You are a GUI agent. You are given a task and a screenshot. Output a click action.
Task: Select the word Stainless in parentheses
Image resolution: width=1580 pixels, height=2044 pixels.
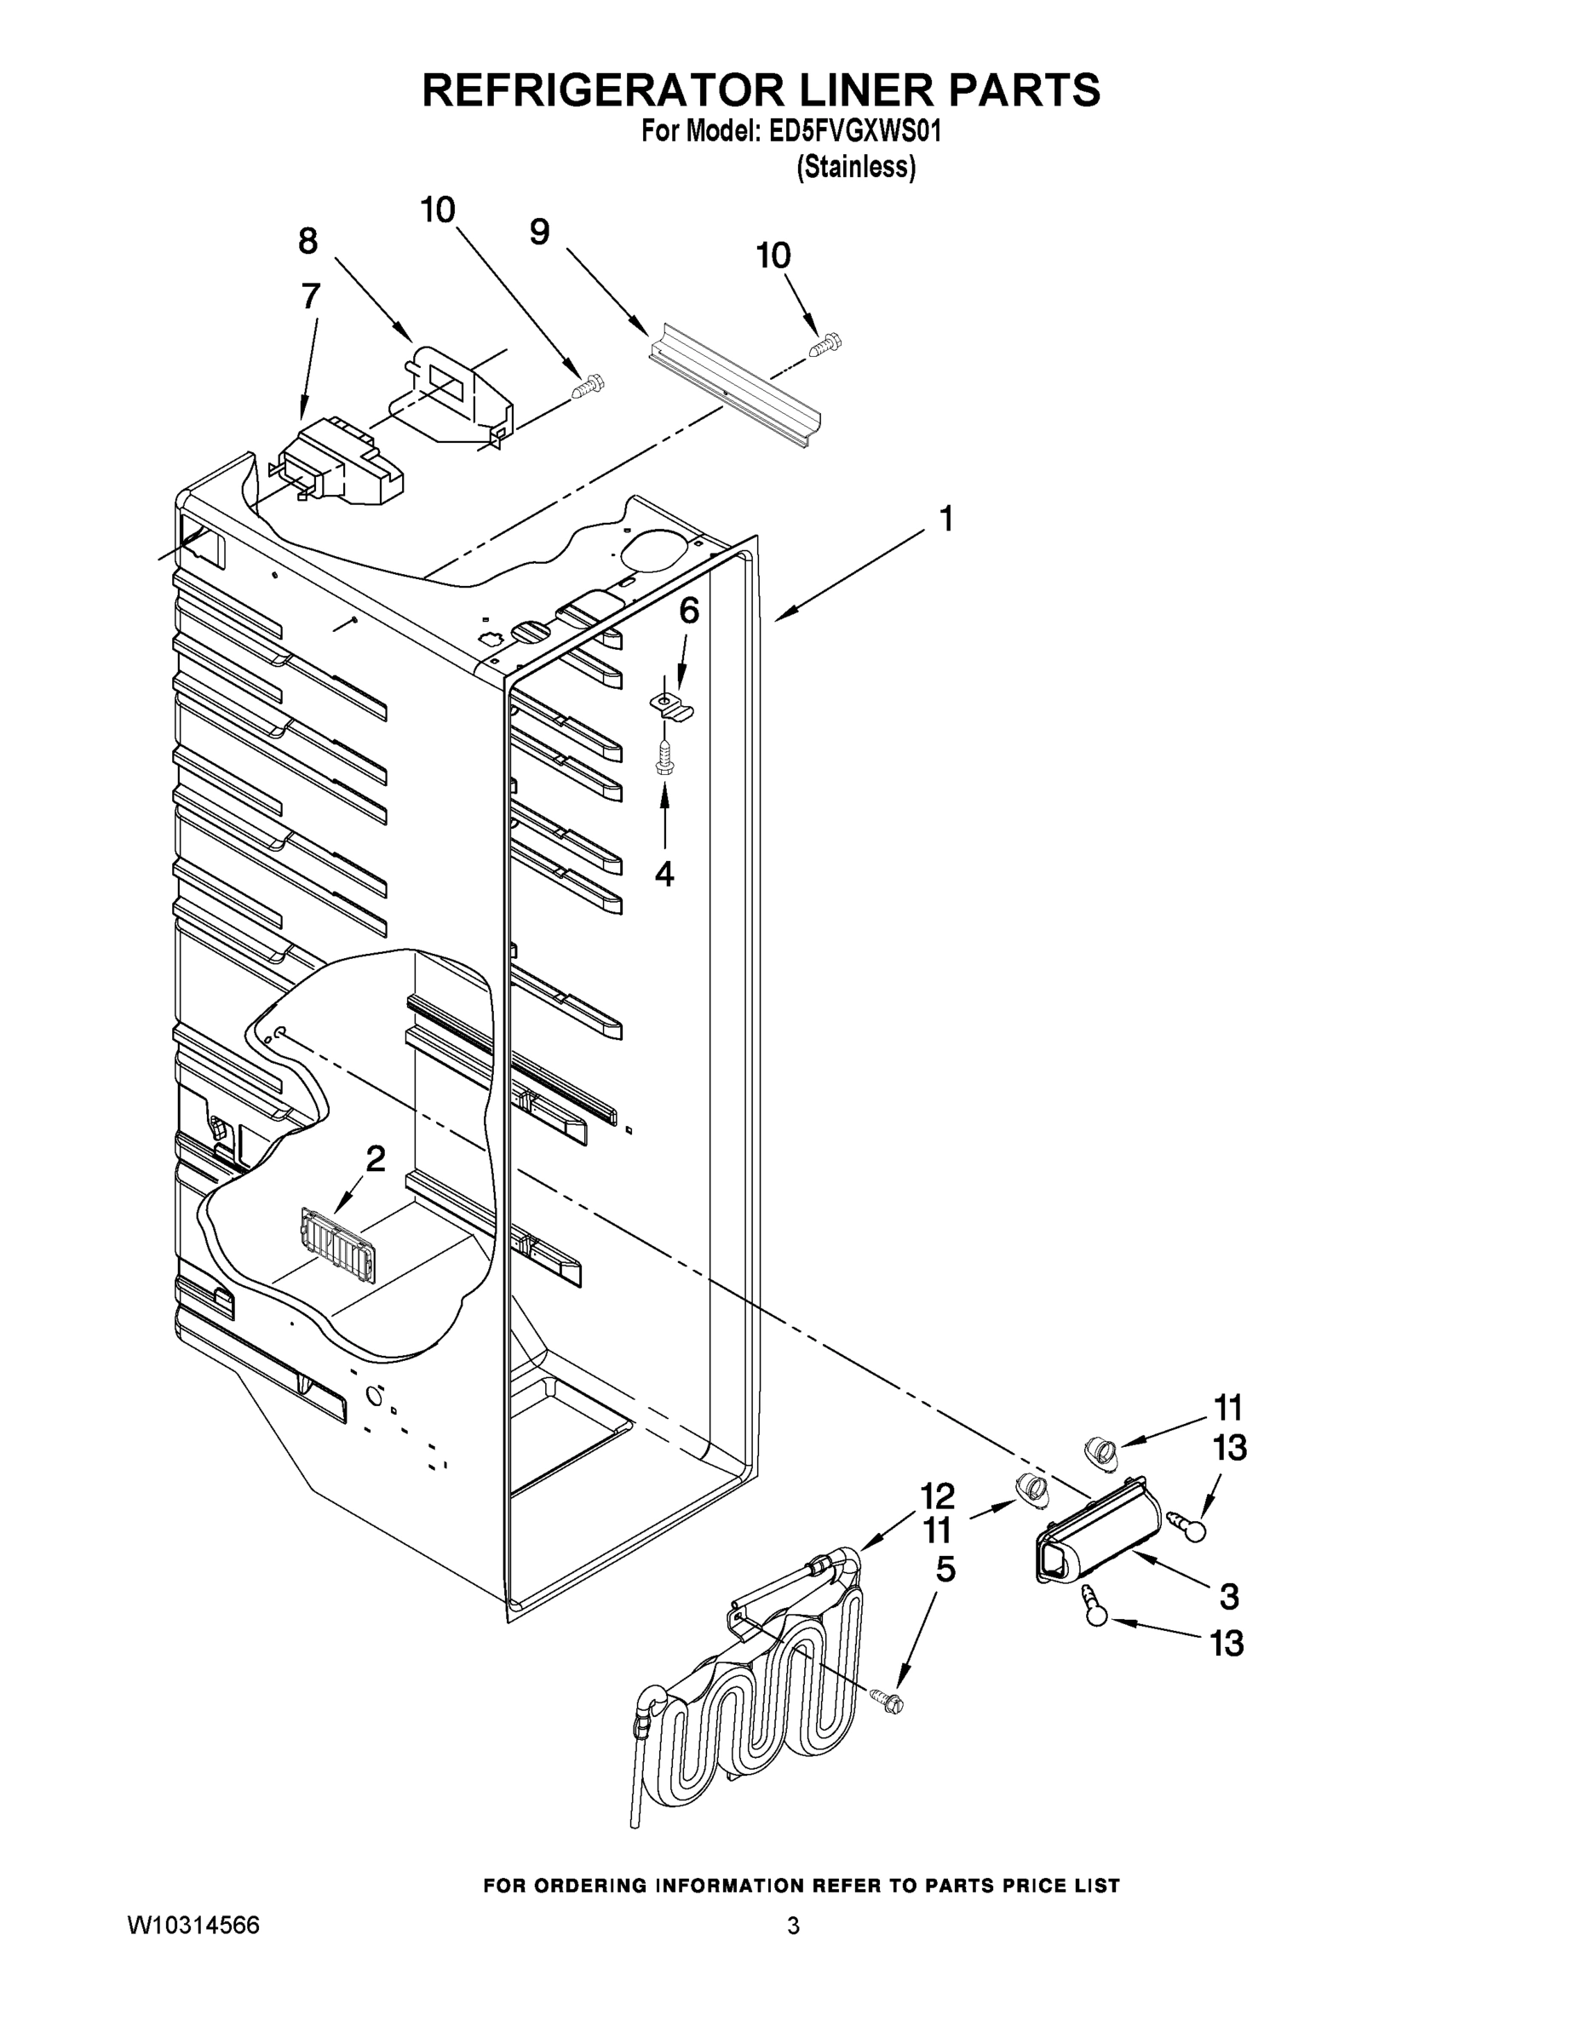(855, 168)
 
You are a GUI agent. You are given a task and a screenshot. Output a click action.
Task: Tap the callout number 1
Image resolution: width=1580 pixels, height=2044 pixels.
(946, 519)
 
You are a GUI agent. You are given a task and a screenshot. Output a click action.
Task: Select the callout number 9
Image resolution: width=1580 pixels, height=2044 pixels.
(539, 233)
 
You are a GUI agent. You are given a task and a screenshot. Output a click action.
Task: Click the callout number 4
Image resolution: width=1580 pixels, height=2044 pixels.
(664, 873)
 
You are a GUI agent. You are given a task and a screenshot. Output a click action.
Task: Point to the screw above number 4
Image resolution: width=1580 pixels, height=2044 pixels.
(665, 756)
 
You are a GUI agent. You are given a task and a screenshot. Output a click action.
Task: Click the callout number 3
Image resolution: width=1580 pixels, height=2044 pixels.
(1229, 1597)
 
